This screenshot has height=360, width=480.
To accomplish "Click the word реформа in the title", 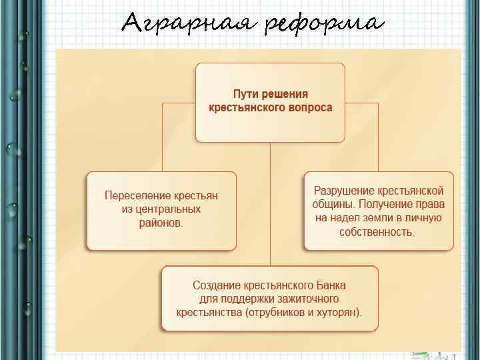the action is click(x=324, y=24).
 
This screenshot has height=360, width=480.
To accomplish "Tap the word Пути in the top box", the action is click(x=245, y=95).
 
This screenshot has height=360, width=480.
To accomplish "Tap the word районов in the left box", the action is click(x=159, y=223).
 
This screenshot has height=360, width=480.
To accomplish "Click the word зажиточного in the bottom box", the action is click(x=308, y=298).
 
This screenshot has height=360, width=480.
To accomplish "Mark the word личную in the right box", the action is click(x=423, y=218).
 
